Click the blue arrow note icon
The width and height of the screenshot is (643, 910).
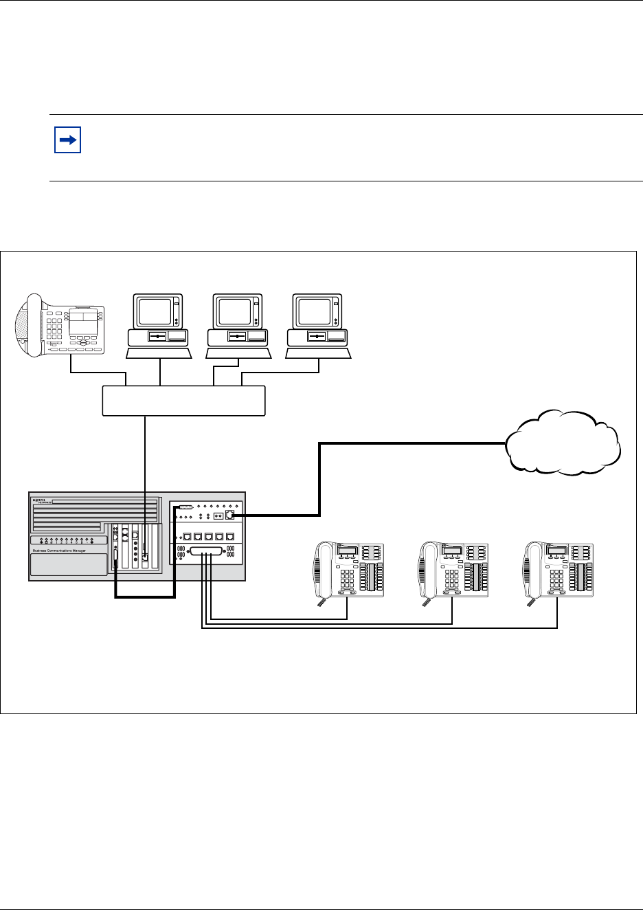click(67, 140)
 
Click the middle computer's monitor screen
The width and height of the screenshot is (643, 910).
click(234, 311)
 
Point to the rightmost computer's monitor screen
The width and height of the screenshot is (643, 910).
click(314, 311)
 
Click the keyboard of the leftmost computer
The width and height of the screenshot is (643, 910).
click(159, 353)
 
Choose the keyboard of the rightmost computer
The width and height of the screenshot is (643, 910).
click(319, 353)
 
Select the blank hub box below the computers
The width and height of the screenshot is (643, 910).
click(183, 401)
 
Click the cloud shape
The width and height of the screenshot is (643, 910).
click(563, 444)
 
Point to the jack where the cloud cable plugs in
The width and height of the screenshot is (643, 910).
click(230, 514)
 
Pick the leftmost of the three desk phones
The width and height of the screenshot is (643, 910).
click(349, 570)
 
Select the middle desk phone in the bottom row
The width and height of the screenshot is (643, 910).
click(453, 570)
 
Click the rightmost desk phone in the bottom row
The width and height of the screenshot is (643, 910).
click(559, 570)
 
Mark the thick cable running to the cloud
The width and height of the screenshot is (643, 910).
click(412, 444)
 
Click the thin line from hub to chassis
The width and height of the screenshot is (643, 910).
click(146, 454)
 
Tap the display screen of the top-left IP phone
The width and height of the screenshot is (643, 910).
click(83, 315)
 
